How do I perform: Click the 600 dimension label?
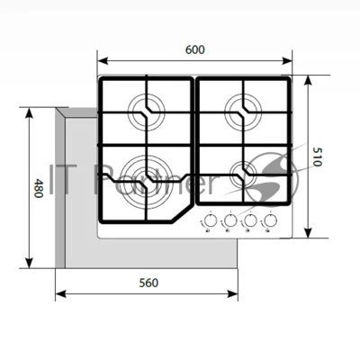195,49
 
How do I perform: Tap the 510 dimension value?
317,157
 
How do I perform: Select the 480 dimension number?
38,188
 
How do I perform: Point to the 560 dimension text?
148,283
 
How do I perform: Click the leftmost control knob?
211,221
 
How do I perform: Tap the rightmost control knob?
270,221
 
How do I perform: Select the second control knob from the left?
230,221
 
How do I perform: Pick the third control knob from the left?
250,221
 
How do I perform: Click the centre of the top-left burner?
147,112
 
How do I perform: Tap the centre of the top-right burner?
244,112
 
